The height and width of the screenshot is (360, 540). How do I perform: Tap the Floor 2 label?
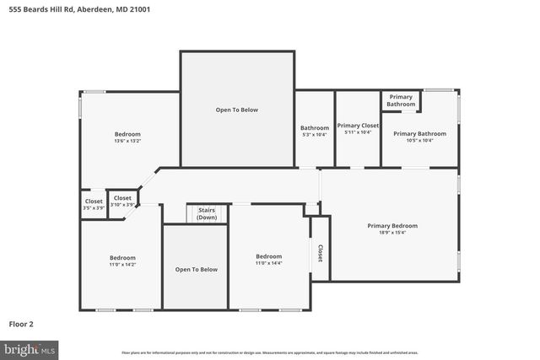point(22,323)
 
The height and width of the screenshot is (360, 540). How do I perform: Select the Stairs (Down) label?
point(207,214)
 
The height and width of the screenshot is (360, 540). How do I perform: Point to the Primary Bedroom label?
point(392,225)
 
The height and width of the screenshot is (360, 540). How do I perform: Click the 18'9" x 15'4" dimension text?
point(392,233)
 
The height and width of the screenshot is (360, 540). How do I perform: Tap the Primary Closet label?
point(359,126)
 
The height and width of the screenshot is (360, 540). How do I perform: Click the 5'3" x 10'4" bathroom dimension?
point(314,135)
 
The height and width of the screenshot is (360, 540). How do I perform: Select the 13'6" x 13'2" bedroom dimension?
point(127,142)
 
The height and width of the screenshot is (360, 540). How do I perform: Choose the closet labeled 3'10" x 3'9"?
point(122,205)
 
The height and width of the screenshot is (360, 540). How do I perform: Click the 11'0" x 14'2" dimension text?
point(122,265)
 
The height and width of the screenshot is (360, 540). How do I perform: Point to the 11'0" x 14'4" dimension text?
point(268,264)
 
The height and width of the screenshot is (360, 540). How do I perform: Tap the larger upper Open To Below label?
point(237,110)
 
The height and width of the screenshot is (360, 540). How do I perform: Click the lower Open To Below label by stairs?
point(196,270)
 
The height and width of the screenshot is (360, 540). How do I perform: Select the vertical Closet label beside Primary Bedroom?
point(320,253)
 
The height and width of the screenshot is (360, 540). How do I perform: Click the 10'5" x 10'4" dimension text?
point(419,141)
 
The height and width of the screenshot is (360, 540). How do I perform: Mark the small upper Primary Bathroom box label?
point(401,101)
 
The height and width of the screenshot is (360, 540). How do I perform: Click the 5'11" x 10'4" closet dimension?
point(358,132)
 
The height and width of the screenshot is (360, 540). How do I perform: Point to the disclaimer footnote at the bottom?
point(270,352)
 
